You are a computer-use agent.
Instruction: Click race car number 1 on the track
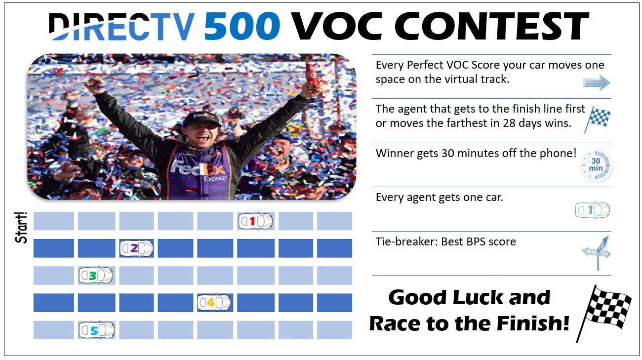pyautogui.click(x=256, y=221)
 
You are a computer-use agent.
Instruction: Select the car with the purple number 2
pyautogui.click(x=136, y=248)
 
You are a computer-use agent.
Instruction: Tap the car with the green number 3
pyautogui.click(x=96, y=276)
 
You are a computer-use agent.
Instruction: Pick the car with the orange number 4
pyautogui.click(x=214, y=302)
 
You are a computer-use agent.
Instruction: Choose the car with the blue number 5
pyautogui.click(x=97, y=330)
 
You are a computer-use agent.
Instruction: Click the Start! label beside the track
pyautogui.click(x=21, y=228)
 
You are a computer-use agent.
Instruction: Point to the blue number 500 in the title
pyautogui.click(x=242, y=26)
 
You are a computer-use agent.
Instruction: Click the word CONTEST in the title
pyautogui.click(x=491, y=26)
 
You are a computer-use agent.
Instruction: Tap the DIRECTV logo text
pyautogui.click(x=121, y=26)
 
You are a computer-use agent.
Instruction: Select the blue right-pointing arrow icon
pyautogui.click(x=597, y=83)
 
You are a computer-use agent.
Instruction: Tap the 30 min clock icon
pyautogui.click(x=596, y=165)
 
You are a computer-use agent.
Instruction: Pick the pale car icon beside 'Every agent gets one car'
pyautogui.click(x=593, y=210)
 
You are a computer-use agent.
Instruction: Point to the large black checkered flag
pyautogui.click(x=604, y=313)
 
